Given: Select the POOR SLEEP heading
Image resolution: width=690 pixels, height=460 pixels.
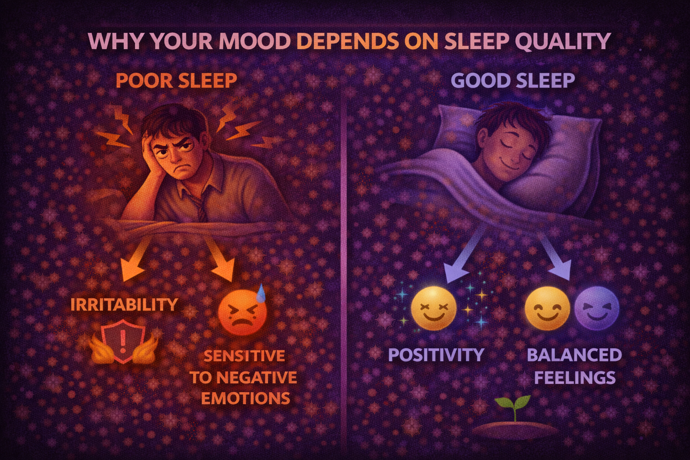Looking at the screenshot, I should [177, 81].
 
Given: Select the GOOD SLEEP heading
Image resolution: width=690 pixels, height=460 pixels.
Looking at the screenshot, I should [513, 81].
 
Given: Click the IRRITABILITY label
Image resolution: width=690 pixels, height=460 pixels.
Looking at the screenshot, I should [124, 305].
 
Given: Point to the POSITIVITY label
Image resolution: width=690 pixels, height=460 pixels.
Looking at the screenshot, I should [436, 355].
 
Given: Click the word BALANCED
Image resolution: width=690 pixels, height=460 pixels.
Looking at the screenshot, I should [574, 355].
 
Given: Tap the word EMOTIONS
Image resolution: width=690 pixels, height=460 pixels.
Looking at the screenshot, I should [245, 398].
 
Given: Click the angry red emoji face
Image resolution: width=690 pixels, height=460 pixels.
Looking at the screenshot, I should [242, 312].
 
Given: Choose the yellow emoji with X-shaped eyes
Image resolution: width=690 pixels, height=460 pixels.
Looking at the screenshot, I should [433, 309].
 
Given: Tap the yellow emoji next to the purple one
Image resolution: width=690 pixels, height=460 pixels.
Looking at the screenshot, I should [547, 309].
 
